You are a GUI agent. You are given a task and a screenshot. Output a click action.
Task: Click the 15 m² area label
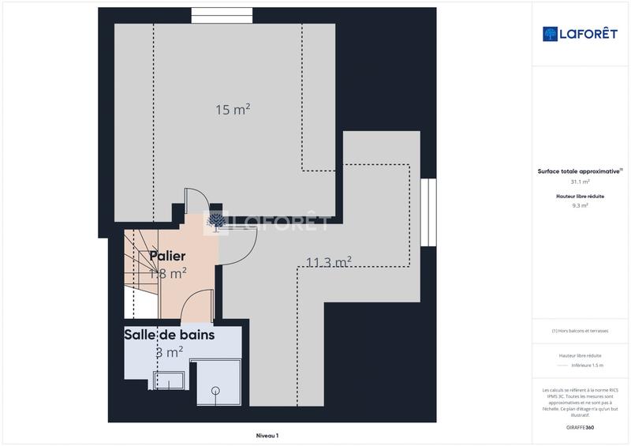pos(233,110)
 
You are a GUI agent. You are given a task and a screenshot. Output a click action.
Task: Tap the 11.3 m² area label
pos(328,262)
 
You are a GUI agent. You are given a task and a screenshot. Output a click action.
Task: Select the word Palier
pos(167,256)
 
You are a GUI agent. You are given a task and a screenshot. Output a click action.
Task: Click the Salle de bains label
pos(169,335)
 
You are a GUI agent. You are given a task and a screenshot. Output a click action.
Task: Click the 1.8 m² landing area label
pos(167,274)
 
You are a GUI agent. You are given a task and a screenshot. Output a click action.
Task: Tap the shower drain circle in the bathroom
pos(215,389)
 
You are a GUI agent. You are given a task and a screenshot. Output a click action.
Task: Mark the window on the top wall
pos(222,15)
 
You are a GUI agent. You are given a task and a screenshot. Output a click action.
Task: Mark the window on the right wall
pos(428,212)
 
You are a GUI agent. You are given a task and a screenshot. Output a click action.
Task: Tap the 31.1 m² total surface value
pos(580,182)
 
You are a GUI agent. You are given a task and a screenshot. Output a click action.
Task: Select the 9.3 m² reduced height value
pos(580,205)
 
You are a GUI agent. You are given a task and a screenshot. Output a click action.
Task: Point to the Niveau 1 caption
pos(267,435)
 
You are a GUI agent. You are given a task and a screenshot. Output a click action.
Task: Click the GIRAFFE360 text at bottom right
pos(580,427)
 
